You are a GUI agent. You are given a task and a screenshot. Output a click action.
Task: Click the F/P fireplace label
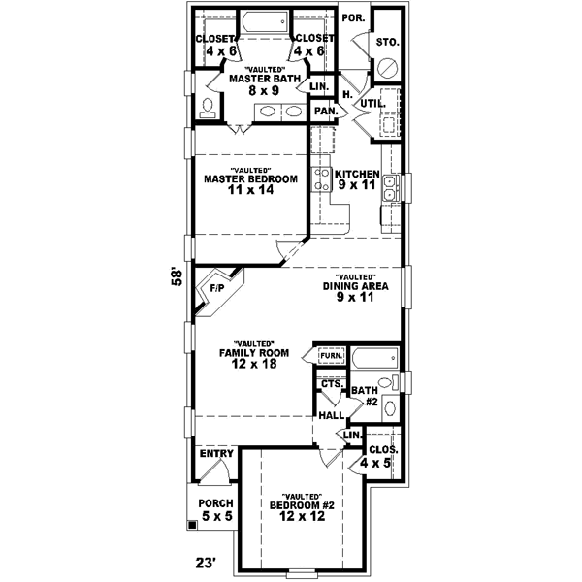(x=216, y=288)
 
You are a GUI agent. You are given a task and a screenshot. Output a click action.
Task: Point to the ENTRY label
(x=214, y=454)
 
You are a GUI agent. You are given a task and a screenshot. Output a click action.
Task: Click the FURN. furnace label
(x=331, y=357)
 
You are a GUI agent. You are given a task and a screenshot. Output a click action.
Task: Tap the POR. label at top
(x=350, y=18)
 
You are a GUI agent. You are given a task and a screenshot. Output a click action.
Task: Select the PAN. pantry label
(x=324, y=112)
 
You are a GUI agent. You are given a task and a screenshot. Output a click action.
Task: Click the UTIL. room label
(x=373, y=103)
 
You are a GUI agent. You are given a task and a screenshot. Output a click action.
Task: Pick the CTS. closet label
(x=330, y=384)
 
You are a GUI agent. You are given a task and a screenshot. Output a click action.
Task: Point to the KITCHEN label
(x=356, y=174)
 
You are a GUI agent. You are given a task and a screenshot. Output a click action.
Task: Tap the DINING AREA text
(x=356, y=287)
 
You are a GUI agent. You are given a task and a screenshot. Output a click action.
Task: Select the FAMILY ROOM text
(x=249, y=353)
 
